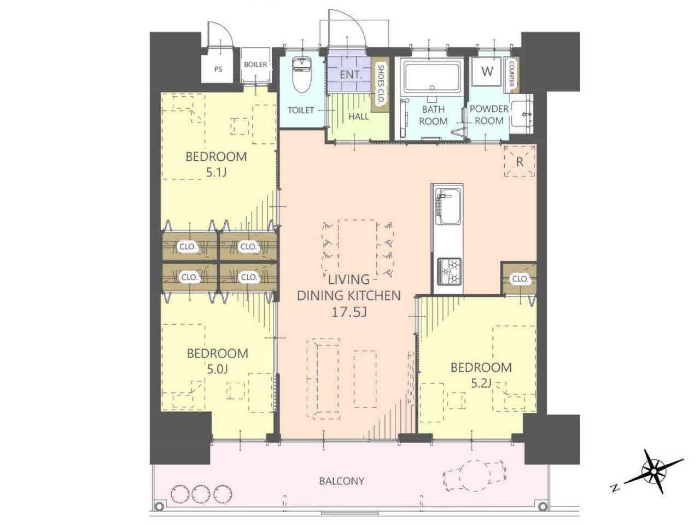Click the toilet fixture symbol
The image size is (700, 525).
tap(301, 74)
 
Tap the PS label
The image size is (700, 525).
tap(218, 69)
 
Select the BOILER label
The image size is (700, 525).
tap(255, 65)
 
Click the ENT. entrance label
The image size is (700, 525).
tap(351, 74)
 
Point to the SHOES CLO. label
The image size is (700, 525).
tap(381, 84)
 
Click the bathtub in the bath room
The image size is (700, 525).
tap(432, 77)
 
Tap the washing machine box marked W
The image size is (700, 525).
tap(487, 72)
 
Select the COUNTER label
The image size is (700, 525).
tap(511, 74)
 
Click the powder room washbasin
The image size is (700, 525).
tap(522, 114)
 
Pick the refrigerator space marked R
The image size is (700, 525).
tap(520, 161)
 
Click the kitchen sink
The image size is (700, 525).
tap(448, 206)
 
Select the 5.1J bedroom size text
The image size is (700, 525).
tap(216, 173)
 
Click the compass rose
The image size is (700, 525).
tap(654, 471)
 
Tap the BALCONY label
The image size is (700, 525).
tap(342, 481)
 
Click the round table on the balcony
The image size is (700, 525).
tap(475, 476)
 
